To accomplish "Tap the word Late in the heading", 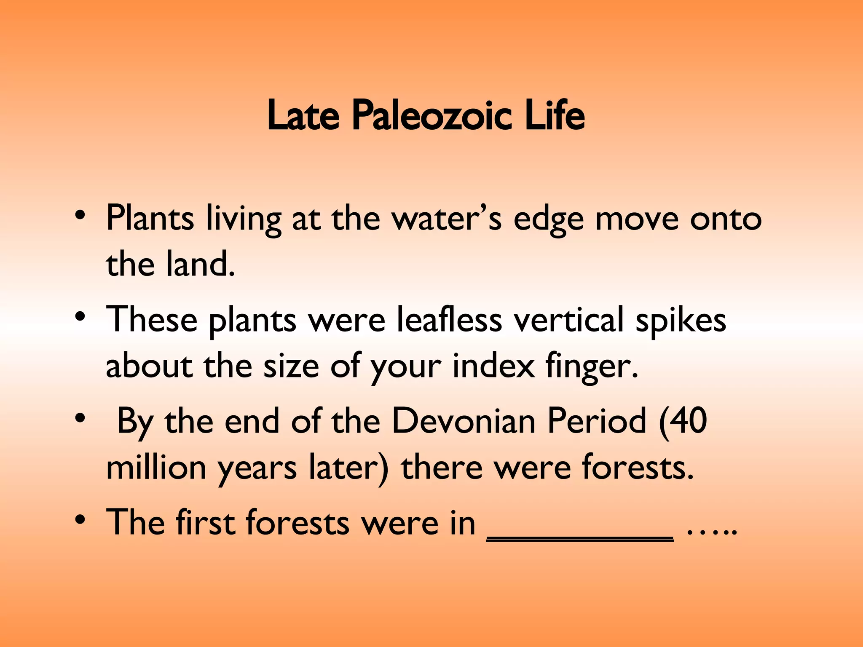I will coord(303,115).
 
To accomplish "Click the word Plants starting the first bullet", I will coord(150,219).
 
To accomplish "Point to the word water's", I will coord(447,219).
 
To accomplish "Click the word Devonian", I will coord(464,421).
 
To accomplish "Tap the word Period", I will coord(597,421).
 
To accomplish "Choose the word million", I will coord(156,468).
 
